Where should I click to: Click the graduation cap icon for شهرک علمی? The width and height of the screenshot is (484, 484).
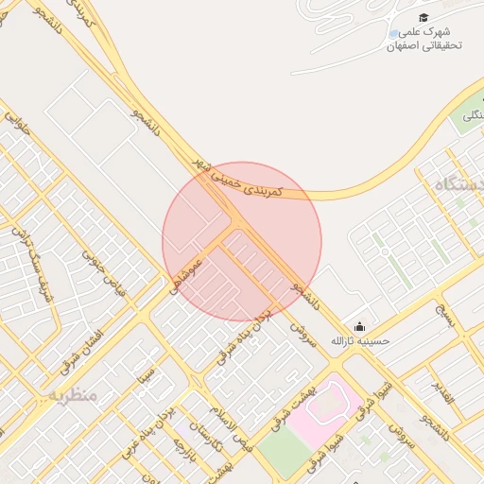[x=423, y=18]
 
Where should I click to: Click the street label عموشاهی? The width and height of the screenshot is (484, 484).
[x=186, y=274]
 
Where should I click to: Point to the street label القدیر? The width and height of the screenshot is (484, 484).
[x=443, y=392]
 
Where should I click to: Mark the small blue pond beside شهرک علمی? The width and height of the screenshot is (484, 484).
[x=393, y=35]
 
